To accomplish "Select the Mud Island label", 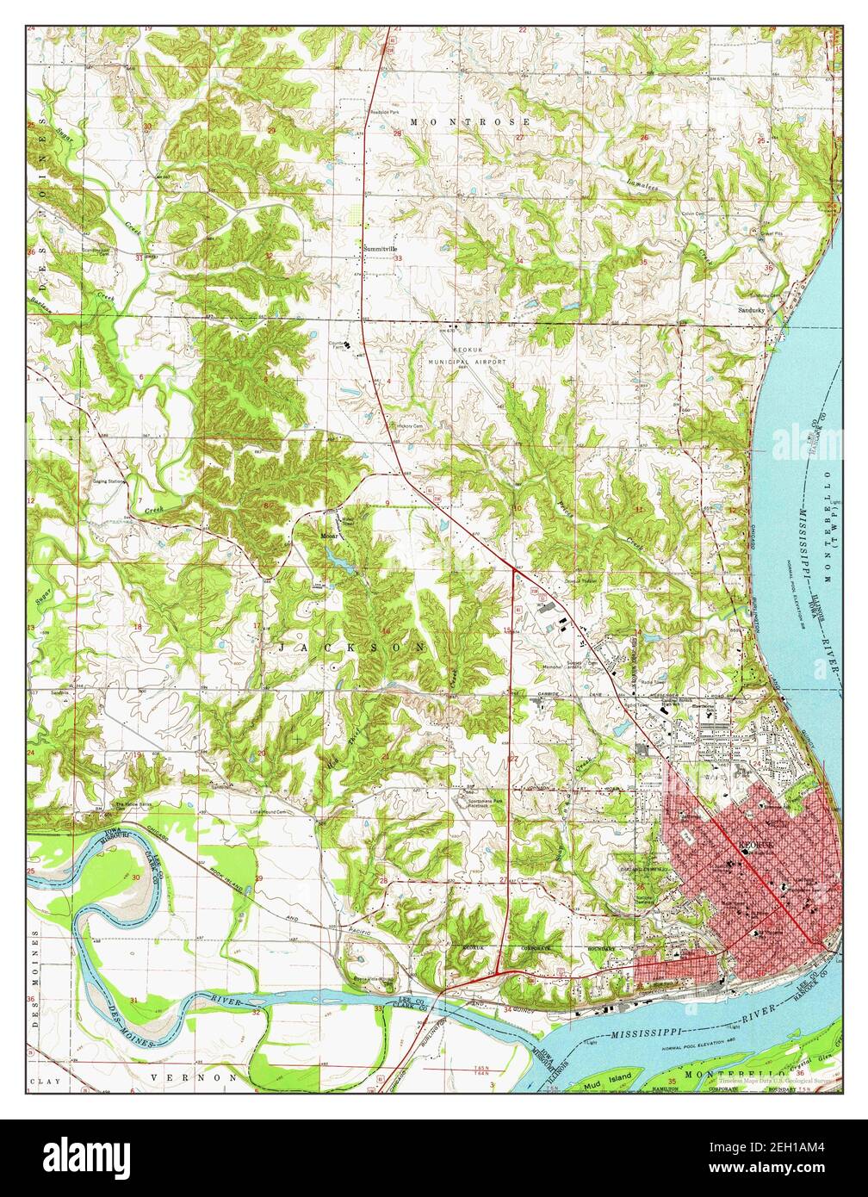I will pos(614,1076).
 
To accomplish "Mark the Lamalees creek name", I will pos(642,178).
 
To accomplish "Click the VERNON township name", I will pos(192,1077).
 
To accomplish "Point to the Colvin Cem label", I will pos(693,214).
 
